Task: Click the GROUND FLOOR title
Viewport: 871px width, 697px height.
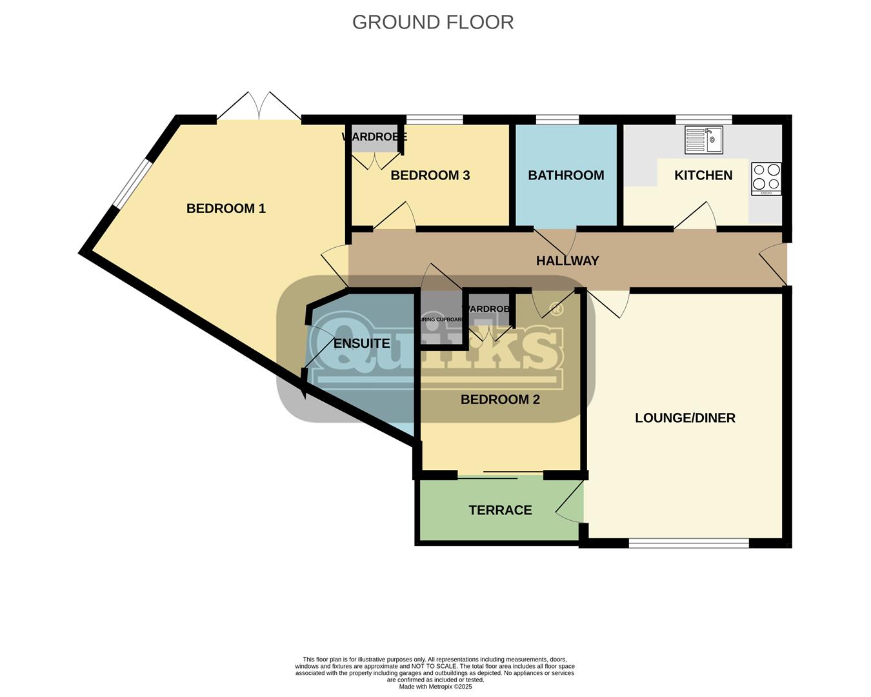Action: tap(433, 22)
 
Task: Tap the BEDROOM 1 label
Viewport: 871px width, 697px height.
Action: tap(226, 208)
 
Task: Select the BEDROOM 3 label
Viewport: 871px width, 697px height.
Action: tap(430, 176)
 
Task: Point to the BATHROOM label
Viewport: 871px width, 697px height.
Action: tap(566, 176)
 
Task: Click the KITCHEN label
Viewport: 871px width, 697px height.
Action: tap(703, 176)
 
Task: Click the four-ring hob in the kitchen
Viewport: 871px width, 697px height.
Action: tap(766, 178)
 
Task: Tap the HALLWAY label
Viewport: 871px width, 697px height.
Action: tap(567, 261)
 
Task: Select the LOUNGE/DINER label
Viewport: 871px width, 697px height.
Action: tap(685, 418)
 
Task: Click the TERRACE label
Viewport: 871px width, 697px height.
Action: tap(500, 510)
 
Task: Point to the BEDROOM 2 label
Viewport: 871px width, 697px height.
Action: tap(500, 400)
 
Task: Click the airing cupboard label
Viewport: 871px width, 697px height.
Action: tap(441, 319)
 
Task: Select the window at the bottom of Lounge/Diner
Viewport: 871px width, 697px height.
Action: tap(688, 543)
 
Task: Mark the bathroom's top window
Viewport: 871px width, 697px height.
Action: tap(557, 119)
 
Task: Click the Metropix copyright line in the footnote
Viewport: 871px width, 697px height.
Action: tap(435, 687)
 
